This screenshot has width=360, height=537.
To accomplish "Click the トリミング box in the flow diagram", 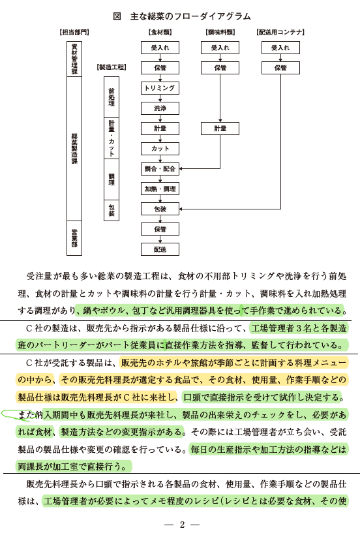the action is [x=160, y=88].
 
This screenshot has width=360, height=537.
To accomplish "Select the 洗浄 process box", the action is [x=160, y=108].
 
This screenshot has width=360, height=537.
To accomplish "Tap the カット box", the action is [x=160, y=149].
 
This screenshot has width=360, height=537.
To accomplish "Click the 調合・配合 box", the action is [x=160, y=169].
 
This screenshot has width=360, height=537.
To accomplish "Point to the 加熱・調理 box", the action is [x=160, y=189].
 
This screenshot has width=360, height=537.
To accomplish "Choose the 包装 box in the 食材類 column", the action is [x=160, y=209].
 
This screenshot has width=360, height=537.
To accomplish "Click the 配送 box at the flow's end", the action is [x=160, y=249].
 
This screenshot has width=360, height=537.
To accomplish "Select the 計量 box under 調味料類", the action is [x=220, y=129].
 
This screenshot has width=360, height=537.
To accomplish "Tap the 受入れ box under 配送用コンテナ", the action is [x=280, y=48].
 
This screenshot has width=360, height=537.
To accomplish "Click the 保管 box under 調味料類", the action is [x=220, y=68].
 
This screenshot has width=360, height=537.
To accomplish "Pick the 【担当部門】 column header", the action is [x=74, y=32].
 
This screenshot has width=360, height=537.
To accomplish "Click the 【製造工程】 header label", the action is [x=112, y=67].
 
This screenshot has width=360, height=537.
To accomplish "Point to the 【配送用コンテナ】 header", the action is [x=280, y=32].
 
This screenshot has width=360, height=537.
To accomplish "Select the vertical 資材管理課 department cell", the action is [x=74, y=59].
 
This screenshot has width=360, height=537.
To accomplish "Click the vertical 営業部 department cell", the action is [x=74, y=238].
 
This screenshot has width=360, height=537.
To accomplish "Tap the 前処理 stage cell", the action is [x=112, y=97].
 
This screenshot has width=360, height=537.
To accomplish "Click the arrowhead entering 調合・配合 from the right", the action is [x=181, y=169].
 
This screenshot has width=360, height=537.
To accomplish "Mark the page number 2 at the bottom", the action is [x=182, y=525].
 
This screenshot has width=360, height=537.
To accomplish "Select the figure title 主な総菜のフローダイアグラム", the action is [x=190, y=16].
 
